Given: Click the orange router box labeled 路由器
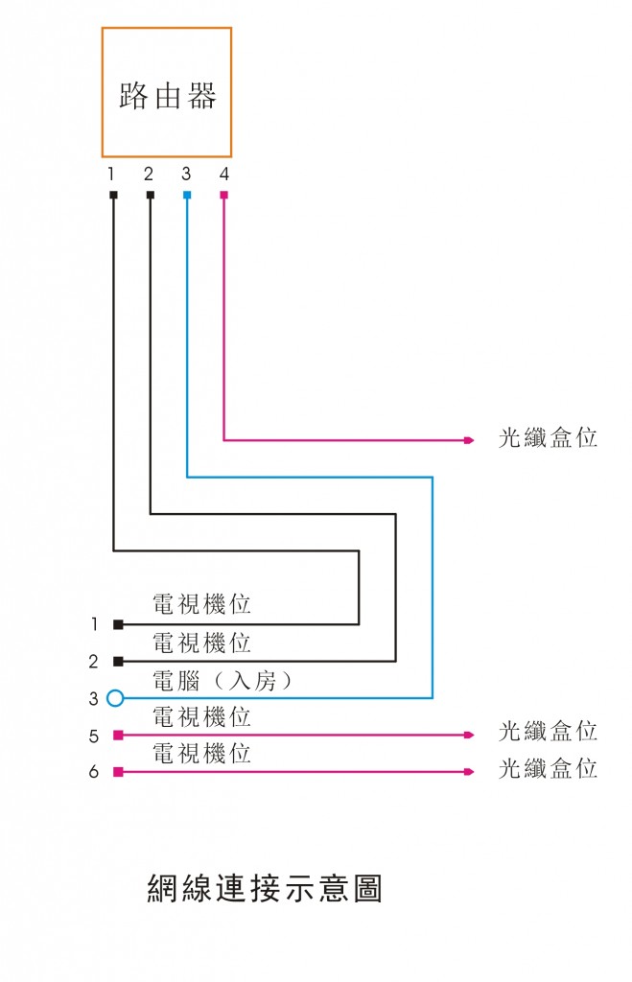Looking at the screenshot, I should click(167, 93).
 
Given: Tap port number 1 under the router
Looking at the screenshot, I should click(111, 175).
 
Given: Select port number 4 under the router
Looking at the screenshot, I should click(223, 175).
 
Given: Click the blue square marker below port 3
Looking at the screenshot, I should click(186, 195).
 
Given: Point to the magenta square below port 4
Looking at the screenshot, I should click(223, 195).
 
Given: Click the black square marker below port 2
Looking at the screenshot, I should click(150, 195).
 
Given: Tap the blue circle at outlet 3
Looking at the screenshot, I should click(115, 698).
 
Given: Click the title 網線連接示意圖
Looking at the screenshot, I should click(265, 889).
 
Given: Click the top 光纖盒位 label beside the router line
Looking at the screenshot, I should click(548, 438).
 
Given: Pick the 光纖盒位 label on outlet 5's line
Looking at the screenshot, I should click(548, 732).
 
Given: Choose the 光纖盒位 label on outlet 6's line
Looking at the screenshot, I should click(548, 769).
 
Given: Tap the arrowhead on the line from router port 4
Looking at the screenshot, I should click(469, 440).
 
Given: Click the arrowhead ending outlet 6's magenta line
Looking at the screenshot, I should click(469, 771).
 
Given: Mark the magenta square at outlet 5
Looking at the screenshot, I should click(118, 735).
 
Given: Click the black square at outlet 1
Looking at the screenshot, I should click(118, 624).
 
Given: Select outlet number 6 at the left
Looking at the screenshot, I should click(94, 772).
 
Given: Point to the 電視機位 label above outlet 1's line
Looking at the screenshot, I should click(202, 605).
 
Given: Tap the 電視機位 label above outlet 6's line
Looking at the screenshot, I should click(202, 754).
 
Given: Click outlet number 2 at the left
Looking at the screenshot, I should click(94, 662).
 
